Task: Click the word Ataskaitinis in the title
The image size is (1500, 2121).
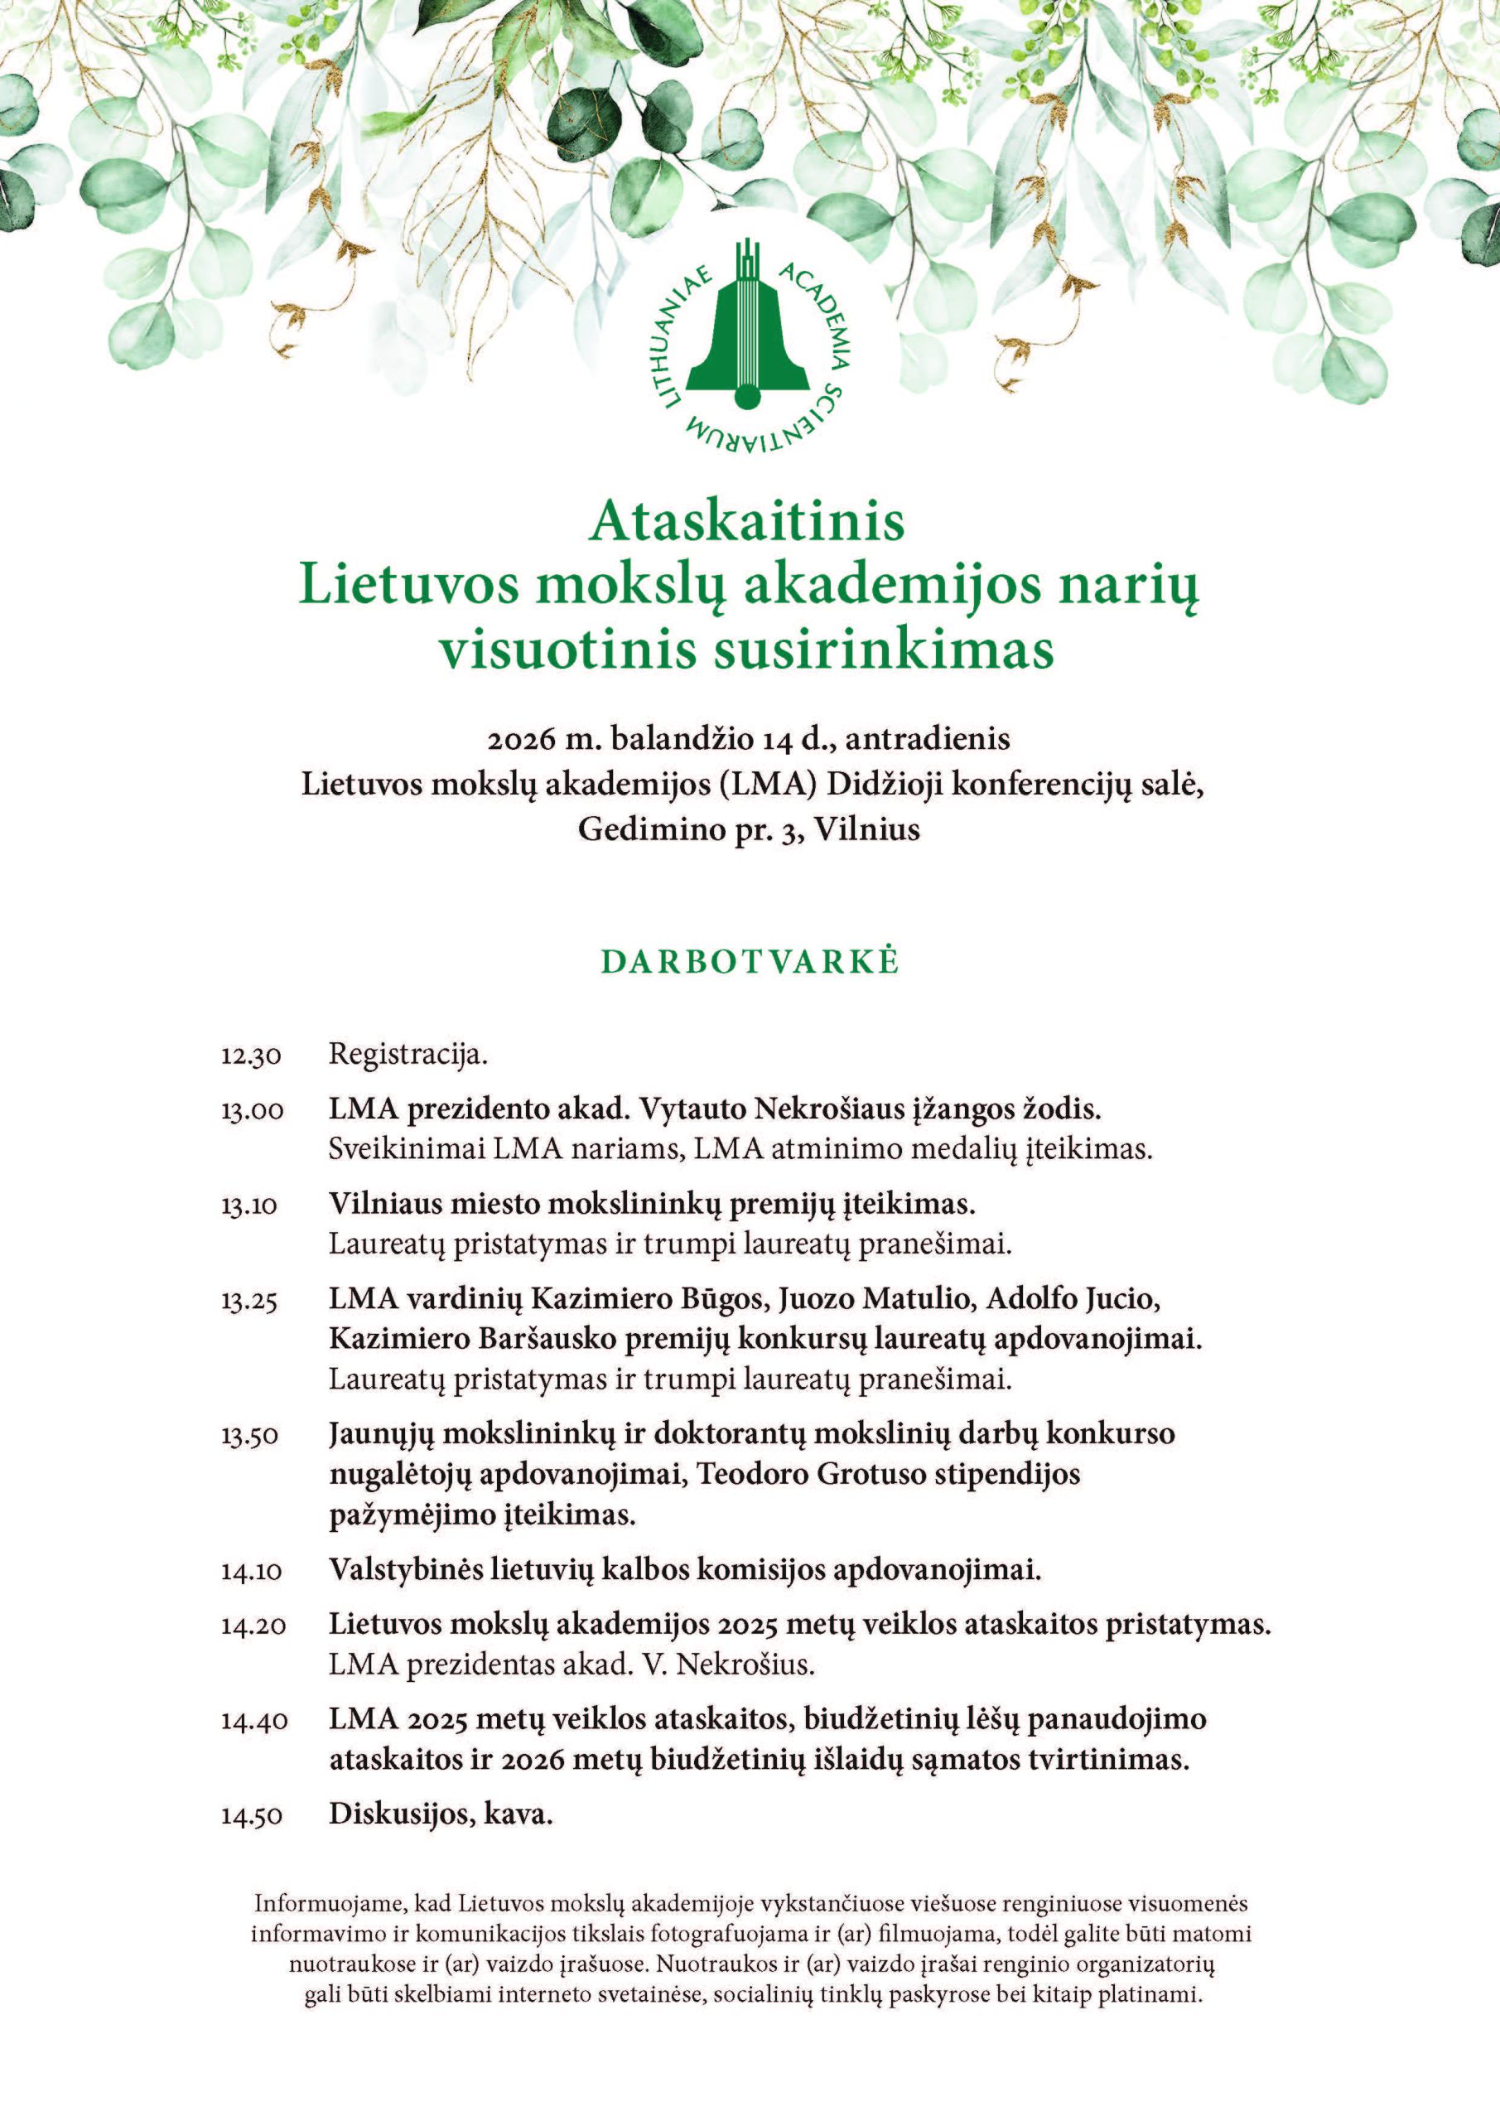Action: [748, 522]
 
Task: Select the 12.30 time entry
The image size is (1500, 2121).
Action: [250, 1056]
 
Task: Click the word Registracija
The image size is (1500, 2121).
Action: [408, 1055]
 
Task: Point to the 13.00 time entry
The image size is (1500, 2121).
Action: [251, 1110]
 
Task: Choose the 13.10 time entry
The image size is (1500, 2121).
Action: [249, 1205]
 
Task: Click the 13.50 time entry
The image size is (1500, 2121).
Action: [249, 1437]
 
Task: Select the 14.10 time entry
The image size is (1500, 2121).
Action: [251, 1572]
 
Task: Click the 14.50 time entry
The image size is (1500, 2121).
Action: [251, 1816]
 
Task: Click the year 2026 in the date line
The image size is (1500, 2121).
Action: [521, 740]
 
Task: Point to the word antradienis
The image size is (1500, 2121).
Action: [926, 740]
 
